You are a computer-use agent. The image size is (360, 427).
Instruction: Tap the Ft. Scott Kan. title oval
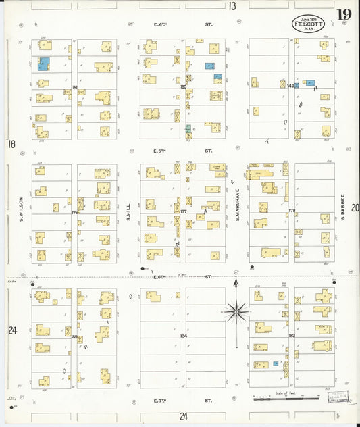coord(308,23)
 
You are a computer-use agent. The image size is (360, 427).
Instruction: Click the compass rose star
coord(236,312)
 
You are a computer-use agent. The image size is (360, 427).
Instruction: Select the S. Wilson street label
coord(22,209)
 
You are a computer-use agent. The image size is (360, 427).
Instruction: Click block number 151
coord(74,87)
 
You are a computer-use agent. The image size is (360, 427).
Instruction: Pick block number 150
coord(182,86)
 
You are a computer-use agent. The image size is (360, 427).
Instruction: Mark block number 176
coord(74,212)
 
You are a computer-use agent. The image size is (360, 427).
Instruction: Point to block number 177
coord(183,211)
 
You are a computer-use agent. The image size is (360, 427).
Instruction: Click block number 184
coord(183,336)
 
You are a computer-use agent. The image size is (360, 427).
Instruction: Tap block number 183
coord(292,336)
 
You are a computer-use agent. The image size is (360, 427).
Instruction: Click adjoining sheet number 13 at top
coord(232,6)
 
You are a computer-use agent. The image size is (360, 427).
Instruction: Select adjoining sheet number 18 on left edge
coord(11,144)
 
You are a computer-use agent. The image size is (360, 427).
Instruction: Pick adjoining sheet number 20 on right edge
coord(355,208)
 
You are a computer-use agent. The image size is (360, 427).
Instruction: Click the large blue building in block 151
coord(43,65)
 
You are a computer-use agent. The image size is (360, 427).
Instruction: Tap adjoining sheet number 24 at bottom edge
coord(183,416)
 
